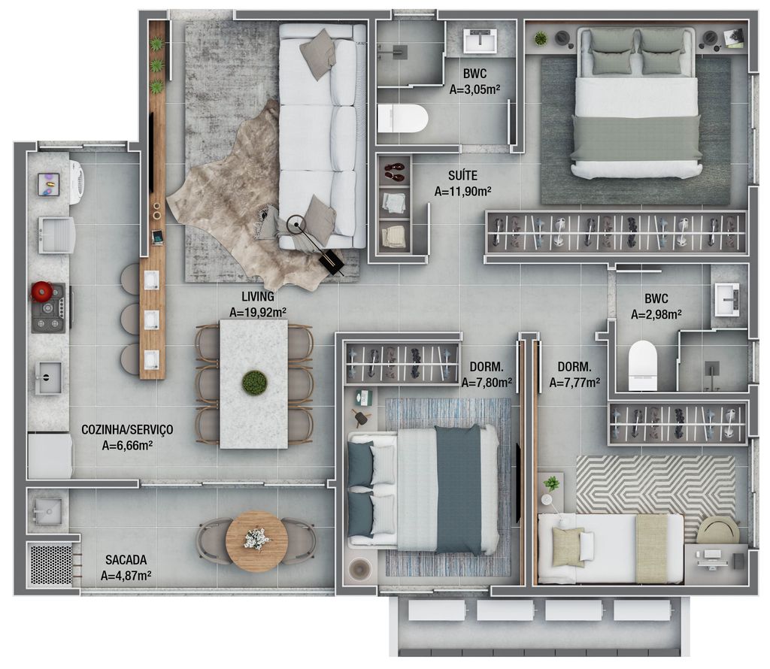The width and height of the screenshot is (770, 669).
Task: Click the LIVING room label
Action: tap(258, 296)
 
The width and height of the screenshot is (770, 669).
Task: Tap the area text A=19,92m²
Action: tap(258, 312)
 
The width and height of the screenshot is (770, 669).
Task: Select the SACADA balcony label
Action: tap(126, 559)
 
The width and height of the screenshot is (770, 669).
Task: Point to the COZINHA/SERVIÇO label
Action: tap(127, 429)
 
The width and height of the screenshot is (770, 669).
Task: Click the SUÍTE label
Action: tap(462, 175)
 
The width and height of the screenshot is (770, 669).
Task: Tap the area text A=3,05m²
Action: tap(475, 89)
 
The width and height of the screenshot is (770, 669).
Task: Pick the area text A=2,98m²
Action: tap(656, 314)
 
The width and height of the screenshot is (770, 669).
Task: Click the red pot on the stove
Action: tap(41, 291)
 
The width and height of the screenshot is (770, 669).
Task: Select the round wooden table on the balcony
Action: tap(256, 541)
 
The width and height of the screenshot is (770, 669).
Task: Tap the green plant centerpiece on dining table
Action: tap(254, 383)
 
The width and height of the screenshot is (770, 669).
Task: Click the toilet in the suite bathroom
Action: tap(403, 118)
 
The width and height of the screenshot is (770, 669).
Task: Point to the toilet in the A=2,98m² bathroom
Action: tap(643, 365)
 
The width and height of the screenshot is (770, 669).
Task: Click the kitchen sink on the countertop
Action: tap(49, 378)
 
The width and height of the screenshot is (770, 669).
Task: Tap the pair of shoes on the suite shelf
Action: tap(394, 172)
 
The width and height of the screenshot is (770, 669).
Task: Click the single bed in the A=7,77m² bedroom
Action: tap(611, 549)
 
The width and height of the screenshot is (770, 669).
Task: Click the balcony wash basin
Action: tap(47, 511)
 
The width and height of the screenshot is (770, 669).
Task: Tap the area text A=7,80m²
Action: tap(487, 383)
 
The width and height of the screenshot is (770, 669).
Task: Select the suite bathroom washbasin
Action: tap(480, 41)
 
